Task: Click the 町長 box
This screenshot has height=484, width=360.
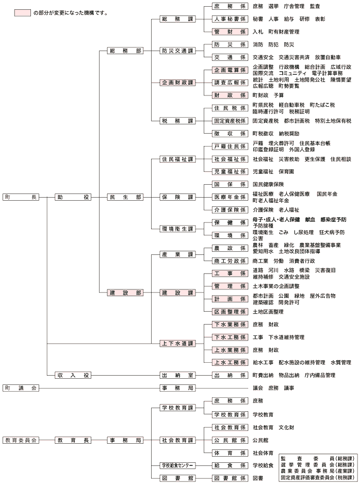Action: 21,197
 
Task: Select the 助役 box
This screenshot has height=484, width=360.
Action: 73,197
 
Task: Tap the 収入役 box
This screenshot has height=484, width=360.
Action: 73,375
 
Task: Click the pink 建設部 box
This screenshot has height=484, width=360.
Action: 125,293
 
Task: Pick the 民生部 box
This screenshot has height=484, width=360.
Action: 125,197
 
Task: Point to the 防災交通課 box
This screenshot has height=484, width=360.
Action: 177,51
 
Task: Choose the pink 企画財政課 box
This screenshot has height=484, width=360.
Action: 177,83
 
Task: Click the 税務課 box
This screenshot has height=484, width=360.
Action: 177,121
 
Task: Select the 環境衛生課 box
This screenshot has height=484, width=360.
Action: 177,229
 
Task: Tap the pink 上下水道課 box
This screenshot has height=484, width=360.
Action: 177,344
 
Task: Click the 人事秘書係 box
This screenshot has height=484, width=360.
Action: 230,19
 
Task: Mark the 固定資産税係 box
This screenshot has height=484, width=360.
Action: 230,121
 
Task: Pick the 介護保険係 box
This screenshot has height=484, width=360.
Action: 230,210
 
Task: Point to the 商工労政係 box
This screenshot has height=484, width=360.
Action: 230,261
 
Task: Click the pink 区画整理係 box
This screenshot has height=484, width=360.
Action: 230,312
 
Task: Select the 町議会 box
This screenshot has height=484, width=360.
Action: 21,388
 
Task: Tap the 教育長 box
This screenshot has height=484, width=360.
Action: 73,441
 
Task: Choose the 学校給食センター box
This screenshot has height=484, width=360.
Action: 177,466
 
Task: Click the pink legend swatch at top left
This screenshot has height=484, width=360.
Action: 23,13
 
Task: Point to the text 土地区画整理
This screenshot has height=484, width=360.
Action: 268,312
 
